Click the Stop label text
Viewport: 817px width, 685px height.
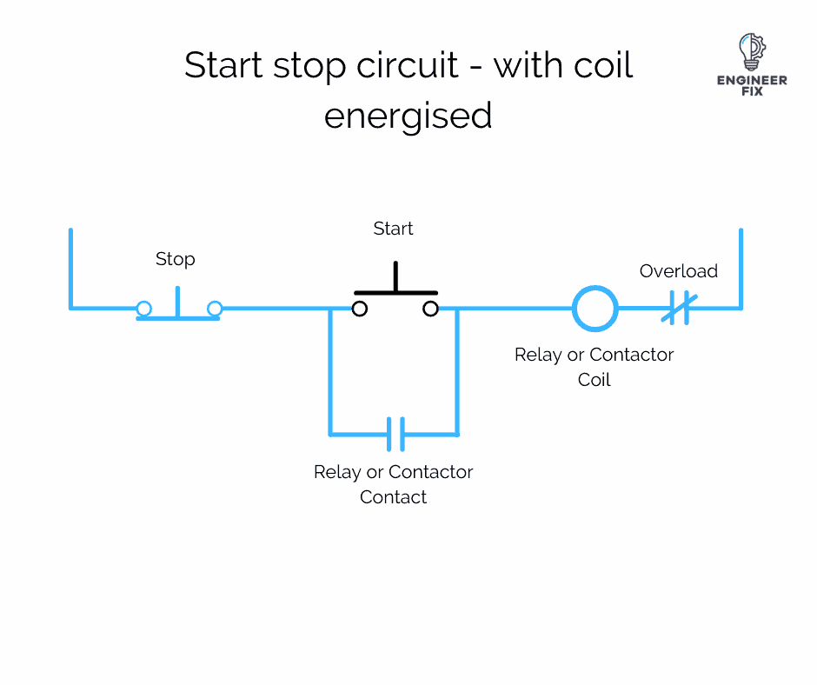tap(175, 259)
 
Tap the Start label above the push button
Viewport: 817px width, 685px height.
tap(393, 229)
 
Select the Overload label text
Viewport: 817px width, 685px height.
tap(678, 271)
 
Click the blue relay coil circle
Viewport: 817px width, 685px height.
tap(594, 308)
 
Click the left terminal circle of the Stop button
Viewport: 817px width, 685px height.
tap(144, 308)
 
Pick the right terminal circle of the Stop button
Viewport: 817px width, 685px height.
tap(215, 308)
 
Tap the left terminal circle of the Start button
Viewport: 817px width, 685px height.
tap(359, 309)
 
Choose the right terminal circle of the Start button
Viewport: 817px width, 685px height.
tap(430, 309)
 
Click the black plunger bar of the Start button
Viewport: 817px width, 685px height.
tap(395, 289)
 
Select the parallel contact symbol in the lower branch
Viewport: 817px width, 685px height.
tap(395, 433)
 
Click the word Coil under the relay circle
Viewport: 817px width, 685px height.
tap(594, 380)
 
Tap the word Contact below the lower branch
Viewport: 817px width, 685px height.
tap(394, 497)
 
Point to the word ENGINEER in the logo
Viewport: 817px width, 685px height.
tap(752, 80)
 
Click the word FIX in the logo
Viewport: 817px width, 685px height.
tap(752, 91)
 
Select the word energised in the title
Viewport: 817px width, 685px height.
tap(408, 116)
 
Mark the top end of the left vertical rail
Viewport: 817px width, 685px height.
tap(70, 231)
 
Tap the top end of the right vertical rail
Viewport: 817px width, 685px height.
tap(741, 231)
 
